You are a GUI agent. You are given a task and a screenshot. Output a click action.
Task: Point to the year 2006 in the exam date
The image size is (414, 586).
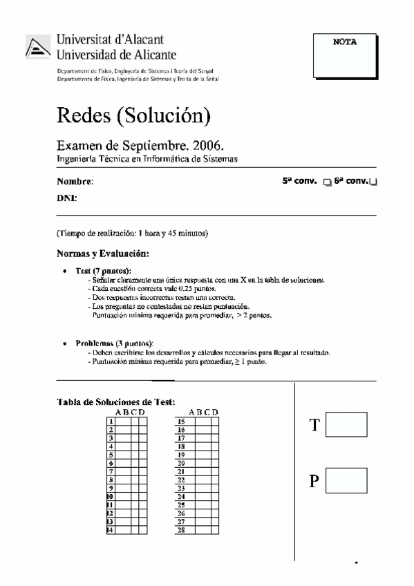(207, 146)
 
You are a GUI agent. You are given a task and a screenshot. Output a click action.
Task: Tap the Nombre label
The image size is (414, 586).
(74, 182)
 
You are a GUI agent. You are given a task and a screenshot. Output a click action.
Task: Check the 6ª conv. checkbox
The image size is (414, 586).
(374, 182)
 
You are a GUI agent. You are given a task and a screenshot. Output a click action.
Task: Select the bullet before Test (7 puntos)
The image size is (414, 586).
(65, 272)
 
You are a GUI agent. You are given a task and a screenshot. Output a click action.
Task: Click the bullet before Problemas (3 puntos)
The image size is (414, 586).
(65, 343)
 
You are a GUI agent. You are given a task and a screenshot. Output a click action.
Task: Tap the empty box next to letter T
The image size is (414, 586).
(346, 424)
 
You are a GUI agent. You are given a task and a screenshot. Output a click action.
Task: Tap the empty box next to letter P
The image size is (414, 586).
(346, 480)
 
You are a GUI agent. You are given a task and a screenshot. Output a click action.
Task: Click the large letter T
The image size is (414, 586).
(315, 425)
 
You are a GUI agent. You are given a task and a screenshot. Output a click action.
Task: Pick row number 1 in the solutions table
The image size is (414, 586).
(110, 421)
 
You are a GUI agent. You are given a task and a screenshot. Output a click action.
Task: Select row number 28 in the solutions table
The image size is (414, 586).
(181, 531)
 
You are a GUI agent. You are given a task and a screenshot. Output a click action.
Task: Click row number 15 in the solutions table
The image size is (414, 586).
(181, 421)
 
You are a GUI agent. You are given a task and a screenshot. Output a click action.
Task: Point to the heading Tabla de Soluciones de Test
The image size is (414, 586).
(115, 401)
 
